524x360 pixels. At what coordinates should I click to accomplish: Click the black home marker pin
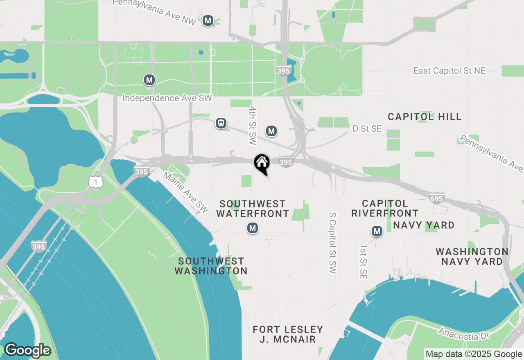(262, 164)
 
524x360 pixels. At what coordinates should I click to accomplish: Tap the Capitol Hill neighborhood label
(425, 117)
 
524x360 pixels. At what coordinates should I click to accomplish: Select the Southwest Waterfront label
(253, 209)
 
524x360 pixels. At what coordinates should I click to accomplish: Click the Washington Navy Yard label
(472, 256)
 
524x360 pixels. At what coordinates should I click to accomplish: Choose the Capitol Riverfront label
(385, 208)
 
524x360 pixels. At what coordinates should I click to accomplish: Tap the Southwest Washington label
(211, 266)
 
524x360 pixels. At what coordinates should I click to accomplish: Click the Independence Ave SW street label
(167, 98)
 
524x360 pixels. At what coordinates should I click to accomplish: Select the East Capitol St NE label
(449, 71)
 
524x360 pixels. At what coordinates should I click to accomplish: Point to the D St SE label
(367, 129)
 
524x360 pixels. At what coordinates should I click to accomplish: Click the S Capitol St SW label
(332, 242)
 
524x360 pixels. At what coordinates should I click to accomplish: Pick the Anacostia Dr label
(464, 333)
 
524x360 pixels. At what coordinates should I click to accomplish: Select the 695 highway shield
(436, 199)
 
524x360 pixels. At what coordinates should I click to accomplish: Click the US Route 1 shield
(95, 182)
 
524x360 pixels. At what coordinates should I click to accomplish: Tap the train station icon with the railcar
(221, 123)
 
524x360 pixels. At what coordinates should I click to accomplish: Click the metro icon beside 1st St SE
(377, 232)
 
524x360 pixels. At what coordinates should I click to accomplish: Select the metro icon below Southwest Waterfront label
(253, 228)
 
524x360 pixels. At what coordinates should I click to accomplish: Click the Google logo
(27, 350)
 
